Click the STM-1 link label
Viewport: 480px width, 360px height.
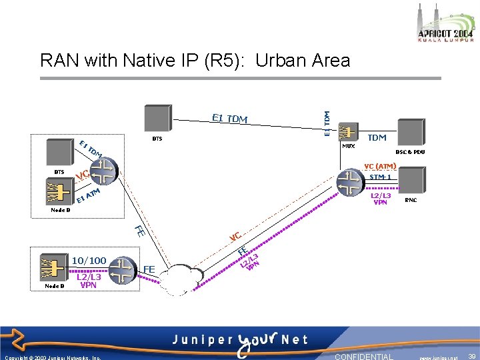point(381,177)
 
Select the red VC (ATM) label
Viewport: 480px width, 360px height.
point(380,166)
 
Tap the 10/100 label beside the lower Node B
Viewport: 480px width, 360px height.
point(89,260)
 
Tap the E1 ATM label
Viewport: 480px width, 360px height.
point(88,195)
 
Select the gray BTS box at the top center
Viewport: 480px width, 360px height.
point(157,119)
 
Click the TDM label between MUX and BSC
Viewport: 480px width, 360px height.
point(377,137)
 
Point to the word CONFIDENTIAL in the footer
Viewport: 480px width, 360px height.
point(363,357)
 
